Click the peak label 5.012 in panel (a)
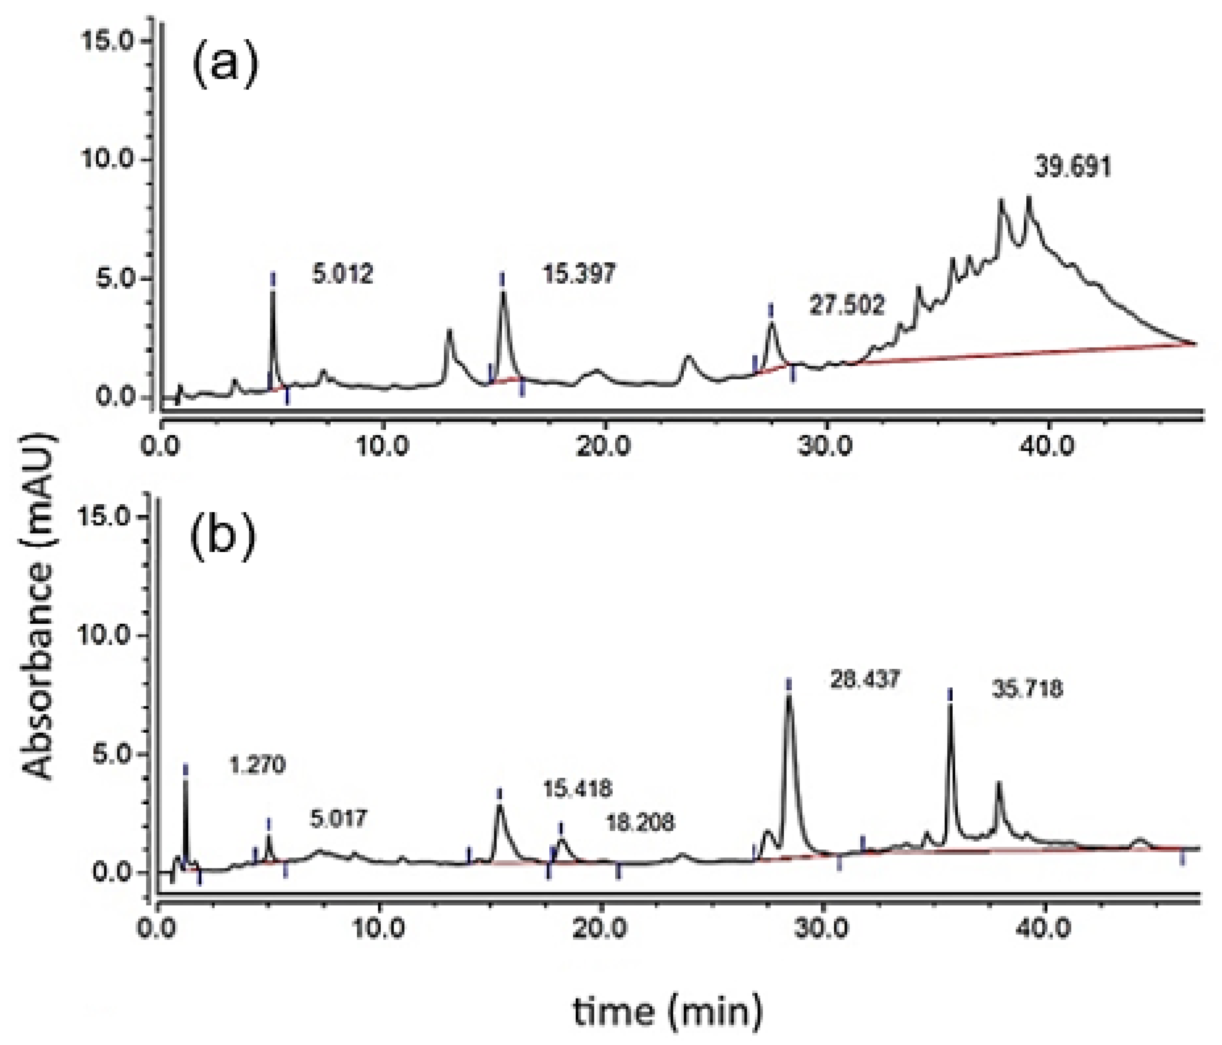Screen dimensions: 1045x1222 coord(343,274)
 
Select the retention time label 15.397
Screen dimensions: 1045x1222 coord(579,274)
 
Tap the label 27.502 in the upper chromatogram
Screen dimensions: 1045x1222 coord(847,305)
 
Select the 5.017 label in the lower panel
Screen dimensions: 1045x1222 coord(339,819)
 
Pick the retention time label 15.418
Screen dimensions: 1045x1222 coord(578,788)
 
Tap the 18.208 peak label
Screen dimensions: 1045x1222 coord(641,822)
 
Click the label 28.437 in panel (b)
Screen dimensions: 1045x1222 coord(865,680)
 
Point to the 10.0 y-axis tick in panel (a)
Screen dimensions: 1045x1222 coord(116,160)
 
